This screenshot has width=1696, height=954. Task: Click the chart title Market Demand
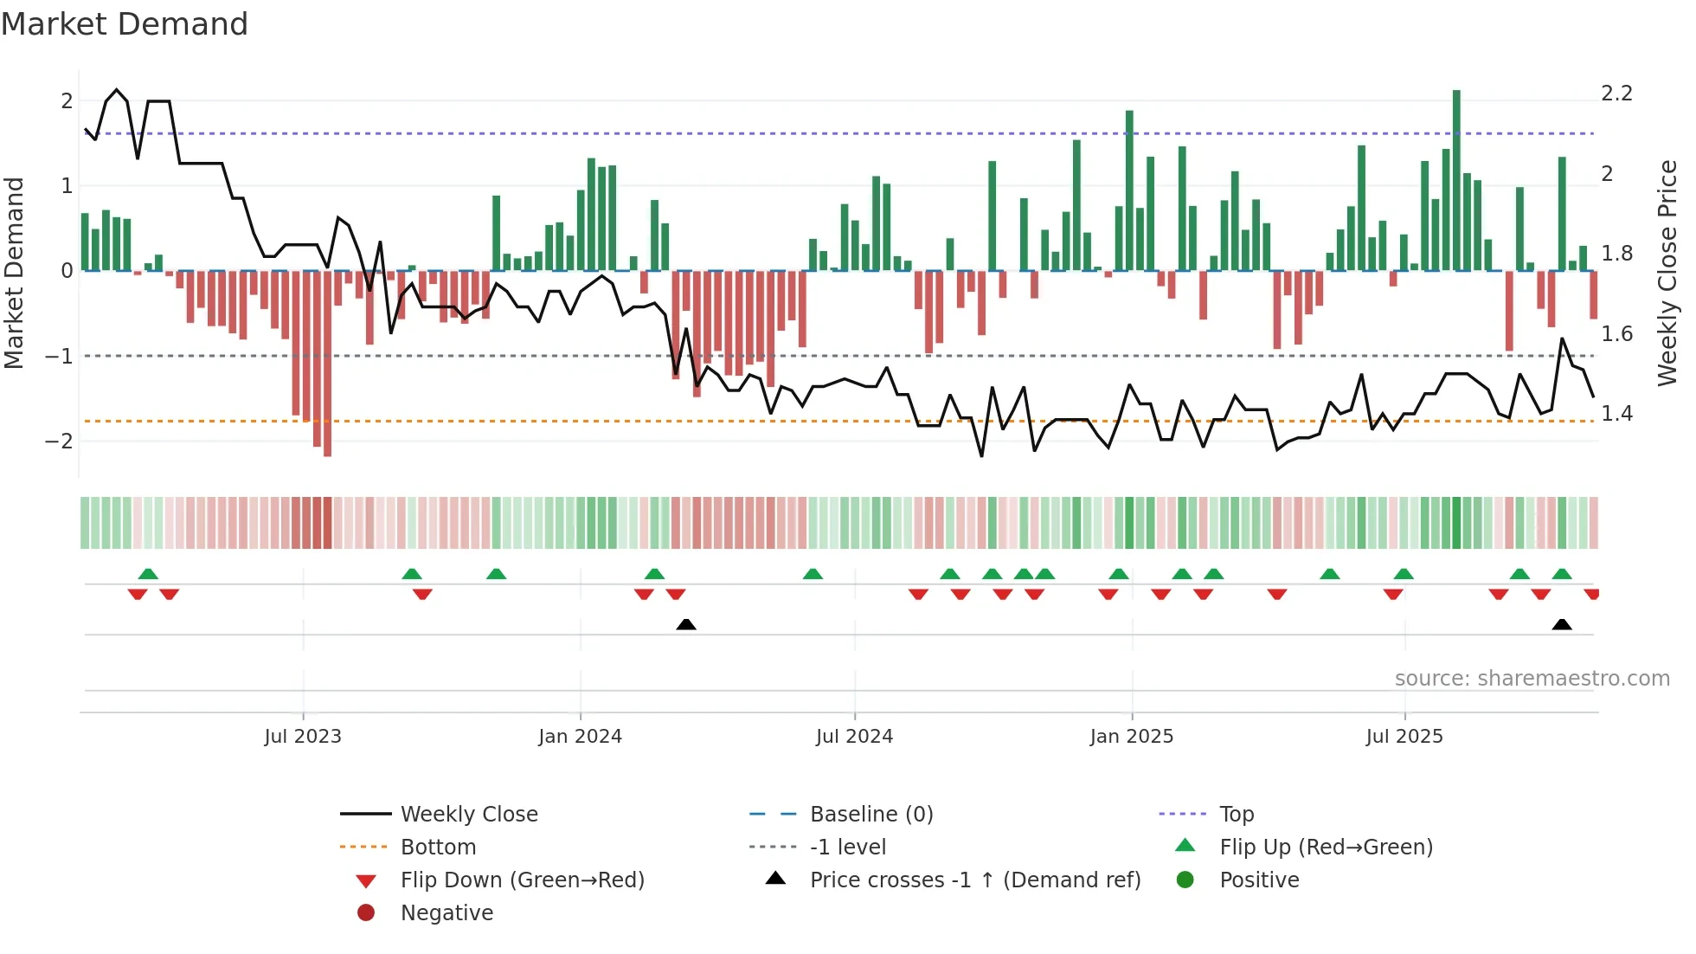(125, 24)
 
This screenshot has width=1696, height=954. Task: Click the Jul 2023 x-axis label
(303, 737)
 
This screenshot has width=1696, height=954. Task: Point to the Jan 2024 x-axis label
(580, 737)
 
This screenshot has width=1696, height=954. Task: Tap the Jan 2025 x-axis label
(1131, 737)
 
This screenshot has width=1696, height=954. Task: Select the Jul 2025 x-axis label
(1404, 737)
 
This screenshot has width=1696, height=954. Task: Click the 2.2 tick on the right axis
(1616, 93)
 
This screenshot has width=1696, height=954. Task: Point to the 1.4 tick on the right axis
(1616, 414)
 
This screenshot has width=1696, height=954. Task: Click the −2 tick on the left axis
(60, 442)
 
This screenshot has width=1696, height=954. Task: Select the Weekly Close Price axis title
(1667, 273)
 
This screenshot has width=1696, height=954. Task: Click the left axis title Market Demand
(15, 273)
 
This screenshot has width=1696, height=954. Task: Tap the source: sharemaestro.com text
(1532, 679)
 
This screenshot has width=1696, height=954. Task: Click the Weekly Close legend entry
(469, 815)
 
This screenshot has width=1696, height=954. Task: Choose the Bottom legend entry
(438, 848)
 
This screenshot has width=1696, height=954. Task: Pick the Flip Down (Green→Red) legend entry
(522, 880)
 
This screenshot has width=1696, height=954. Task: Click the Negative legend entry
(446, 913)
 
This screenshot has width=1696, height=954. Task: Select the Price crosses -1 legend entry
(974, 880)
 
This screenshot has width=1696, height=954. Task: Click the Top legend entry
(1237, 815)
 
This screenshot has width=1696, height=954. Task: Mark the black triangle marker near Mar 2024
(686, 624)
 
